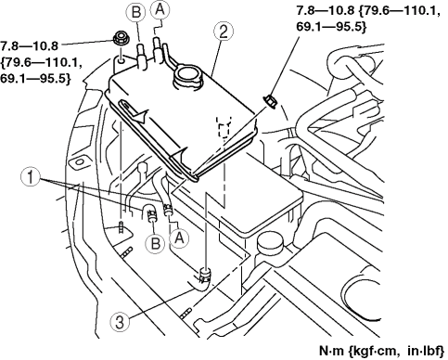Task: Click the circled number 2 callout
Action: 224,32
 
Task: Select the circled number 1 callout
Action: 31,178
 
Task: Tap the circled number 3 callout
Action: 120,322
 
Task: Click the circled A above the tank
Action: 160,10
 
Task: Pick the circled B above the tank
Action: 135,12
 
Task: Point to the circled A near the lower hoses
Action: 179,238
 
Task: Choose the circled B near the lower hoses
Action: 155,243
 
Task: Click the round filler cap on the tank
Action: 187,77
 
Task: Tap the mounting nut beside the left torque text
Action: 122,39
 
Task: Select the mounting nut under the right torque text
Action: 271,101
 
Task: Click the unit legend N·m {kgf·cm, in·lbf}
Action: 381,351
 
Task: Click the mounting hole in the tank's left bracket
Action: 122,60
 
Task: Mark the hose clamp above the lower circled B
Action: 151,214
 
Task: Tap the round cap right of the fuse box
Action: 270,242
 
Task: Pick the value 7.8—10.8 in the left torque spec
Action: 29,46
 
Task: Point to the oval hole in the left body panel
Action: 79,162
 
